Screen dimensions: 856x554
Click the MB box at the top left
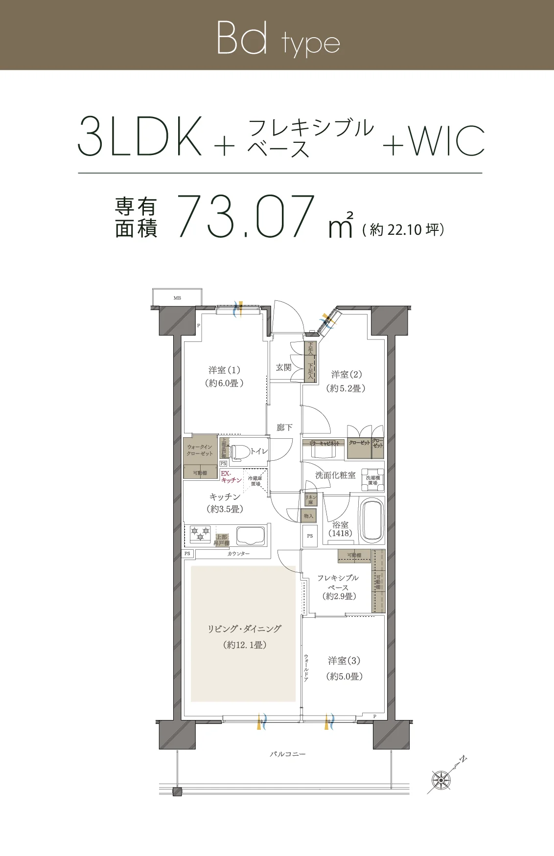(177, 297)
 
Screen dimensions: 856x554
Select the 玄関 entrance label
(284, 367)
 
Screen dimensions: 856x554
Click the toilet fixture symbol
(239, 452)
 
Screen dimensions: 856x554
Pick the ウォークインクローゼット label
(200, 450)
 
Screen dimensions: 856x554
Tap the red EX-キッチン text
(231, 477)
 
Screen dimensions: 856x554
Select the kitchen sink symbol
(251, 536)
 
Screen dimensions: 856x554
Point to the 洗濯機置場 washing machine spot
(372, 480)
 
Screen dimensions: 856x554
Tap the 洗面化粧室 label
(335, 475)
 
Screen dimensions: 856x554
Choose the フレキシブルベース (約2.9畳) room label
(338, 587)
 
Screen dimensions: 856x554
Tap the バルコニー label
(288, 754)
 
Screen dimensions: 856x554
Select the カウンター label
(238, 554)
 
